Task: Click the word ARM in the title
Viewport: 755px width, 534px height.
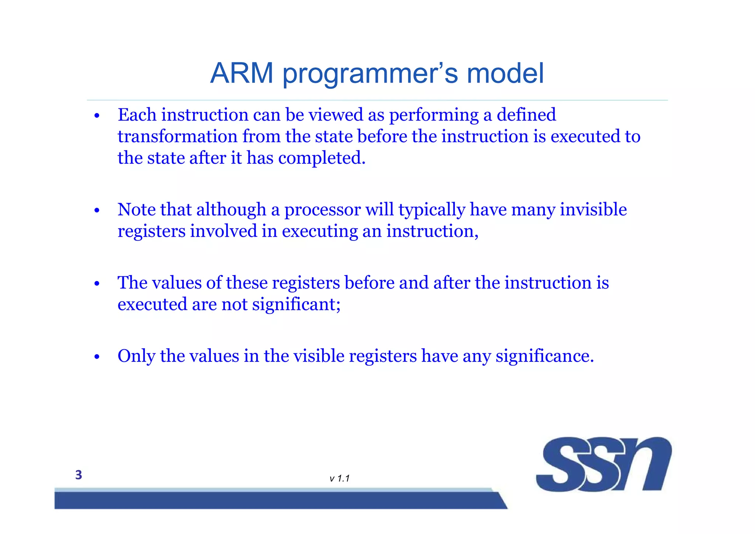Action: [241, 73]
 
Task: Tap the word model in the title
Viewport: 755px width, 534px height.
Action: [505, 73]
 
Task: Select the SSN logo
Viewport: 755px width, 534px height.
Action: [603, 464]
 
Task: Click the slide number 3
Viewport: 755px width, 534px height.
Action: [79, 475]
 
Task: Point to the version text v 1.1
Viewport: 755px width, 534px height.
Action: [340, 479]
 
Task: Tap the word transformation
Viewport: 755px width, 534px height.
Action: [177, 136]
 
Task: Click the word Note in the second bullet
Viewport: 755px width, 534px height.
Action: [136, 209]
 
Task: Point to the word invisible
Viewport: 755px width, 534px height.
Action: [593, 209]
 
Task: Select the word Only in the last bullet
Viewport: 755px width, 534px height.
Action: [136, 356]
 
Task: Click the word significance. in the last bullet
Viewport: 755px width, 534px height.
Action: [544, 356]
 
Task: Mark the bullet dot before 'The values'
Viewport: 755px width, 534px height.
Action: [97, 284]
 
